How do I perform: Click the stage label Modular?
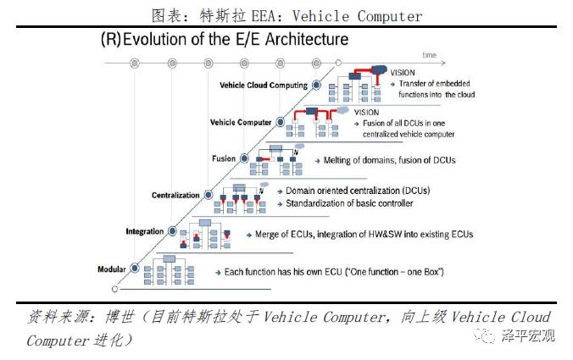pyautogui.click(x=111, y=269)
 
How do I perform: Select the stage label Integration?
pyautogui.click(x=145, y=231)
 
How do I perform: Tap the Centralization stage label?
pyautogui.click(x=175, y=196)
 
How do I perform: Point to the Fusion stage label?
pyautogui.click(x=224, y=158)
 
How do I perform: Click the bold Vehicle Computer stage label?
pyautogui.click(x=241, y=122)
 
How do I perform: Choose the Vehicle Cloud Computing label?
pyautogui.click(x=264, y=86)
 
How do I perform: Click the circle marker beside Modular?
pyautogui.click(x=135, y=269)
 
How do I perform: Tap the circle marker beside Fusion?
pyautogui.click(x=244, y=158)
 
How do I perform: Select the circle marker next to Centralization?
pyautogui.click(x=209, y=195)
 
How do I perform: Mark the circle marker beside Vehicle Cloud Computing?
pyautogui.click(x=316, y=85)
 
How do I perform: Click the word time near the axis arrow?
pyautogui.click(x=430, y=55)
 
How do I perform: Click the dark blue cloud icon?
pyautogui.click(x=380, y=69)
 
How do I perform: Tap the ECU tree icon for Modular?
pyautogui.click(x=170, y=270)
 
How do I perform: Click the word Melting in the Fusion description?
pyautogui.click(x=337, y=160)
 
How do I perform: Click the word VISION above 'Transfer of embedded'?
pyautogui.click(x=403, y=73)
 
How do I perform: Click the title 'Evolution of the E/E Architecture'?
pyautogui.click(x=236, y=39)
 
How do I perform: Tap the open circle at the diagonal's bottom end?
pyautogui.click(x=114, y=289)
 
